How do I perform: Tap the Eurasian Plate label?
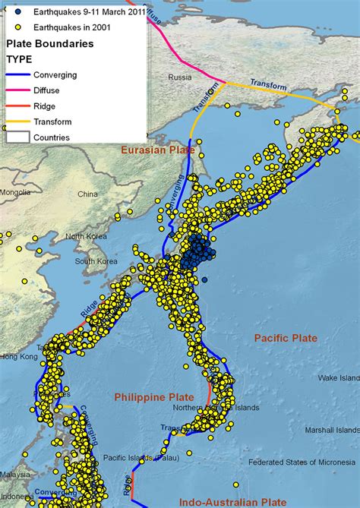pyautogui.click(x=159, y=150)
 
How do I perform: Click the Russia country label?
pyautogui.click(x=181, y=77)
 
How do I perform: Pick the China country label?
pyautogui.click(x=87, y=194)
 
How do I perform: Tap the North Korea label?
pyautogui.click(x=84, y=236)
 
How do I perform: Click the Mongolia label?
pyautogui.click(x=15, y=193)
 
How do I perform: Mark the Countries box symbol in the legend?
pyautogui.click(x=18, y=137)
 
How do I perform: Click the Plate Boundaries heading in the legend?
pyautogui.click(x=50, y=43)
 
